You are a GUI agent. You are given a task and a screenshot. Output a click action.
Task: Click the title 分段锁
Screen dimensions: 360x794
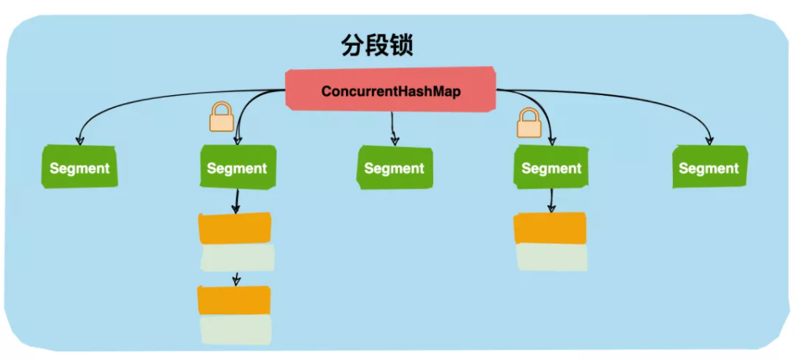click(377, 45)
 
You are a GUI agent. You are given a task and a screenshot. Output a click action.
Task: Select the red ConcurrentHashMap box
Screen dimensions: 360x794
click(391, 91)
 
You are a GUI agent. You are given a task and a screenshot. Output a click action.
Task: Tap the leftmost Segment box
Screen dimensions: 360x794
click(79, 168)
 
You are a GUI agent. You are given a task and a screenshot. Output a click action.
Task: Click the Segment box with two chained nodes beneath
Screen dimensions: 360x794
click(237, 168)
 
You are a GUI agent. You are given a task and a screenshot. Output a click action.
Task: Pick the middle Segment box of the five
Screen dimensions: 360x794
click(394, 168)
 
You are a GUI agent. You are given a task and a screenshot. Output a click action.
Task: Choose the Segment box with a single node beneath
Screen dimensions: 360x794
click(551, 168)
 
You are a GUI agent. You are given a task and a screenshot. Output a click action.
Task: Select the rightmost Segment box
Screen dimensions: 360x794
click(708, 168)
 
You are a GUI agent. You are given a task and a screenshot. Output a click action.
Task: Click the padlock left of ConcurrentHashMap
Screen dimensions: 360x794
click(221, 118)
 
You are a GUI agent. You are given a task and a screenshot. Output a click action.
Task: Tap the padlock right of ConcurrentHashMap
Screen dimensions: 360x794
click(529, 123)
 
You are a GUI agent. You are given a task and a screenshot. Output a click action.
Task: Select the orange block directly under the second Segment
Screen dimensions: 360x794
click(235, 228)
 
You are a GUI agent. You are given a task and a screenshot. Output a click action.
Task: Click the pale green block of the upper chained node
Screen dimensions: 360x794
click(237, 257)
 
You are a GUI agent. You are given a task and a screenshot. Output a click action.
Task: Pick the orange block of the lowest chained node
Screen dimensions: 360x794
click(234, 299)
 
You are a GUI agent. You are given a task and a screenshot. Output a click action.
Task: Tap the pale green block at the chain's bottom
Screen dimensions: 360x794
click(236, 329)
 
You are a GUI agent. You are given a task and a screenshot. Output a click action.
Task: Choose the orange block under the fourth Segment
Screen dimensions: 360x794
click(550, 228)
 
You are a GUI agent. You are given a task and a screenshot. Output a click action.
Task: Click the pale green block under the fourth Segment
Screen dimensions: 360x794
click(552, 257)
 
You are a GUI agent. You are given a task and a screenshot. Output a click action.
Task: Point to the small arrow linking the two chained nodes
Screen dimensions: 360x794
click(237, 278)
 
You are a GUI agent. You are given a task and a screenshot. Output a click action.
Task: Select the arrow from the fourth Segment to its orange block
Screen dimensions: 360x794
click(551, 200)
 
